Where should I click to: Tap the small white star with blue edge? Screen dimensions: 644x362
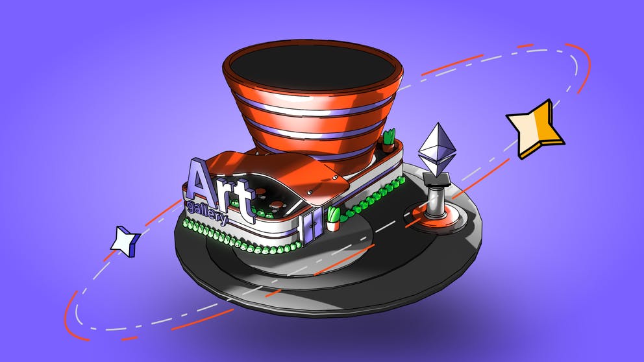pyautogui.click(x=125, y=241)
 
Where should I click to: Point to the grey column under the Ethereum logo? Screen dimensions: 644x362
pyautogui.click(x=436, y=200)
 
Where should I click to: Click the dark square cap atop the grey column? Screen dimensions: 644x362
pyautogui.click(x=437, y=178)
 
